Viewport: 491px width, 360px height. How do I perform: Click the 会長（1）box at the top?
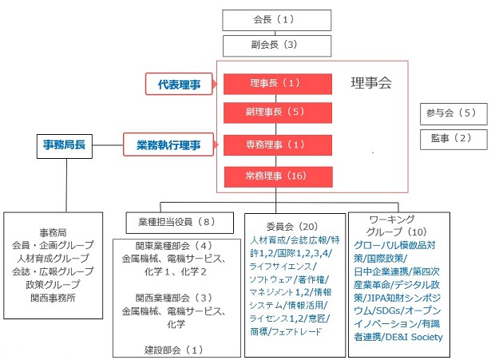(277, 20)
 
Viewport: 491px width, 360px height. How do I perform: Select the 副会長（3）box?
(277, 45)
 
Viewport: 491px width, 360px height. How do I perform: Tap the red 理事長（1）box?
(278, 84)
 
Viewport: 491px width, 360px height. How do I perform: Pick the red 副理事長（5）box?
(278, 113)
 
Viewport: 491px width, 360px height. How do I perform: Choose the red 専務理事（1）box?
(278, 145)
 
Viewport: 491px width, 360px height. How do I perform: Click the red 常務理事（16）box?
(279, 177)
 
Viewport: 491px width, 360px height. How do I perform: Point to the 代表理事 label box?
(179, 84)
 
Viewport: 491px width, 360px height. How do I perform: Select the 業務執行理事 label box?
(168, 144)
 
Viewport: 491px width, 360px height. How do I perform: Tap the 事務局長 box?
(65, 146)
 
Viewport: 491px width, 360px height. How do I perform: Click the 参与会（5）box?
(453, 114)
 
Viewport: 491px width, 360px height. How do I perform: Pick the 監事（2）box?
(453, 140)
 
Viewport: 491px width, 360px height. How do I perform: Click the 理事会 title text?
(371, 83)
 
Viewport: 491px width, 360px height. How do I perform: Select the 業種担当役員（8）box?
(180, 223)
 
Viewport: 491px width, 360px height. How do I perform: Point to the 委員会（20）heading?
(292, 226)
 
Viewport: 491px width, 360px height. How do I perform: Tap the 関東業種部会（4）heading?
(173, 246)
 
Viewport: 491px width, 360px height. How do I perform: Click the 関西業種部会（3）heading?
(173, 298)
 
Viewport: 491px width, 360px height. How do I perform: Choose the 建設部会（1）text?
(173, 350)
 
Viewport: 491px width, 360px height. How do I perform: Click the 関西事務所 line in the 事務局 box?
(53, 298)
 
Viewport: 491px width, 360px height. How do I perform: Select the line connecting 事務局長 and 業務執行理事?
(108, 145)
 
